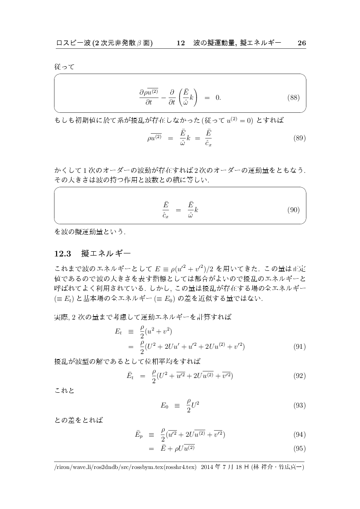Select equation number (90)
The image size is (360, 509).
[x=293, y=210]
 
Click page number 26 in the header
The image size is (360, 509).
[x=302, y=43]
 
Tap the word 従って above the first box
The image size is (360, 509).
[x=65, y=67]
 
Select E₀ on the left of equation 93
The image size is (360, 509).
[x=164, y=405]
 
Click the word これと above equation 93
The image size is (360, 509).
[x=65, y=391]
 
